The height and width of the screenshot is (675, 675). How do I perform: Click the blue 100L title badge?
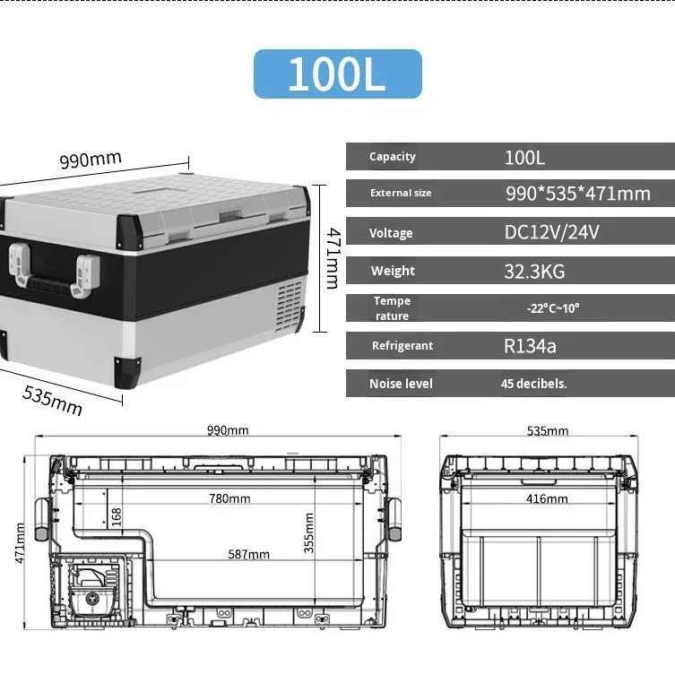(337, 74)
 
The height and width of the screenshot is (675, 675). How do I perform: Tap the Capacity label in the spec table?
(392, 156)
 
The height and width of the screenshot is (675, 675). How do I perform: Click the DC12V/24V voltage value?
(551, 233)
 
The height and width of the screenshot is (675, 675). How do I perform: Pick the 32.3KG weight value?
(534, 271)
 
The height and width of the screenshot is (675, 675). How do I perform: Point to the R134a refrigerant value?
(530, 346)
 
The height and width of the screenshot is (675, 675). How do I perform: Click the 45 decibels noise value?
(534, 384)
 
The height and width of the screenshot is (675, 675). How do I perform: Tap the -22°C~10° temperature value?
(553, 308)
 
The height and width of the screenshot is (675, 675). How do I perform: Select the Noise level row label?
(400, 384)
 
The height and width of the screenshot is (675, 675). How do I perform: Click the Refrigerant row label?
(402, 346)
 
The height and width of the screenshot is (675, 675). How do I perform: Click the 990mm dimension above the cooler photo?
(91, 160)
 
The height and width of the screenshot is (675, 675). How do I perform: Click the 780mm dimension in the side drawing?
(229, 498)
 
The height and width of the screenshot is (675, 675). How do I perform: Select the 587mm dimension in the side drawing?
(248, 555)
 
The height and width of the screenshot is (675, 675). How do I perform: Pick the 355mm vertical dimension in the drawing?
(309, 532)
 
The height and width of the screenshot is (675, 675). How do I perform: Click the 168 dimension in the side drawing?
(116, 516)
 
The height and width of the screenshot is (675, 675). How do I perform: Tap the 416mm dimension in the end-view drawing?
(547, 498)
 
